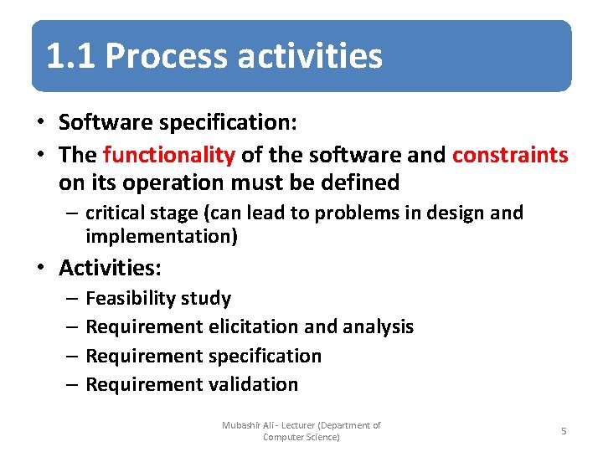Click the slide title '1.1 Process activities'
pyautogui.click(x=214, y=56)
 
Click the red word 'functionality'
pyautogui.click(x=168, y=155)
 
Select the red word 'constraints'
pyautogui.click(x=509, y=155)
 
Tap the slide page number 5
pyautogui.click(x=564, y=430)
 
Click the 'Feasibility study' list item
pyautogui.click(x=158, y=299)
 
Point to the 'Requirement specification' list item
pyautogui.click(x=204, y=356)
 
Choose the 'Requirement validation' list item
pyautogui.click(x=192, y=384)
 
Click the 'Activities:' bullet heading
pyautogui.click(x=110, y=268)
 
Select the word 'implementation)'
pyautogui.click(x=162, y=237)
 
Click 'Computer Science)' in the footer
pyautogui.click(x=301, y=437)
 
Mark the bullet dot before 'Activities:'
pyautogui.click(x=40, y=269)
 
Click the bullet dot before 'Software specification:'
pyautogui.click(x=40, y=123)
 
